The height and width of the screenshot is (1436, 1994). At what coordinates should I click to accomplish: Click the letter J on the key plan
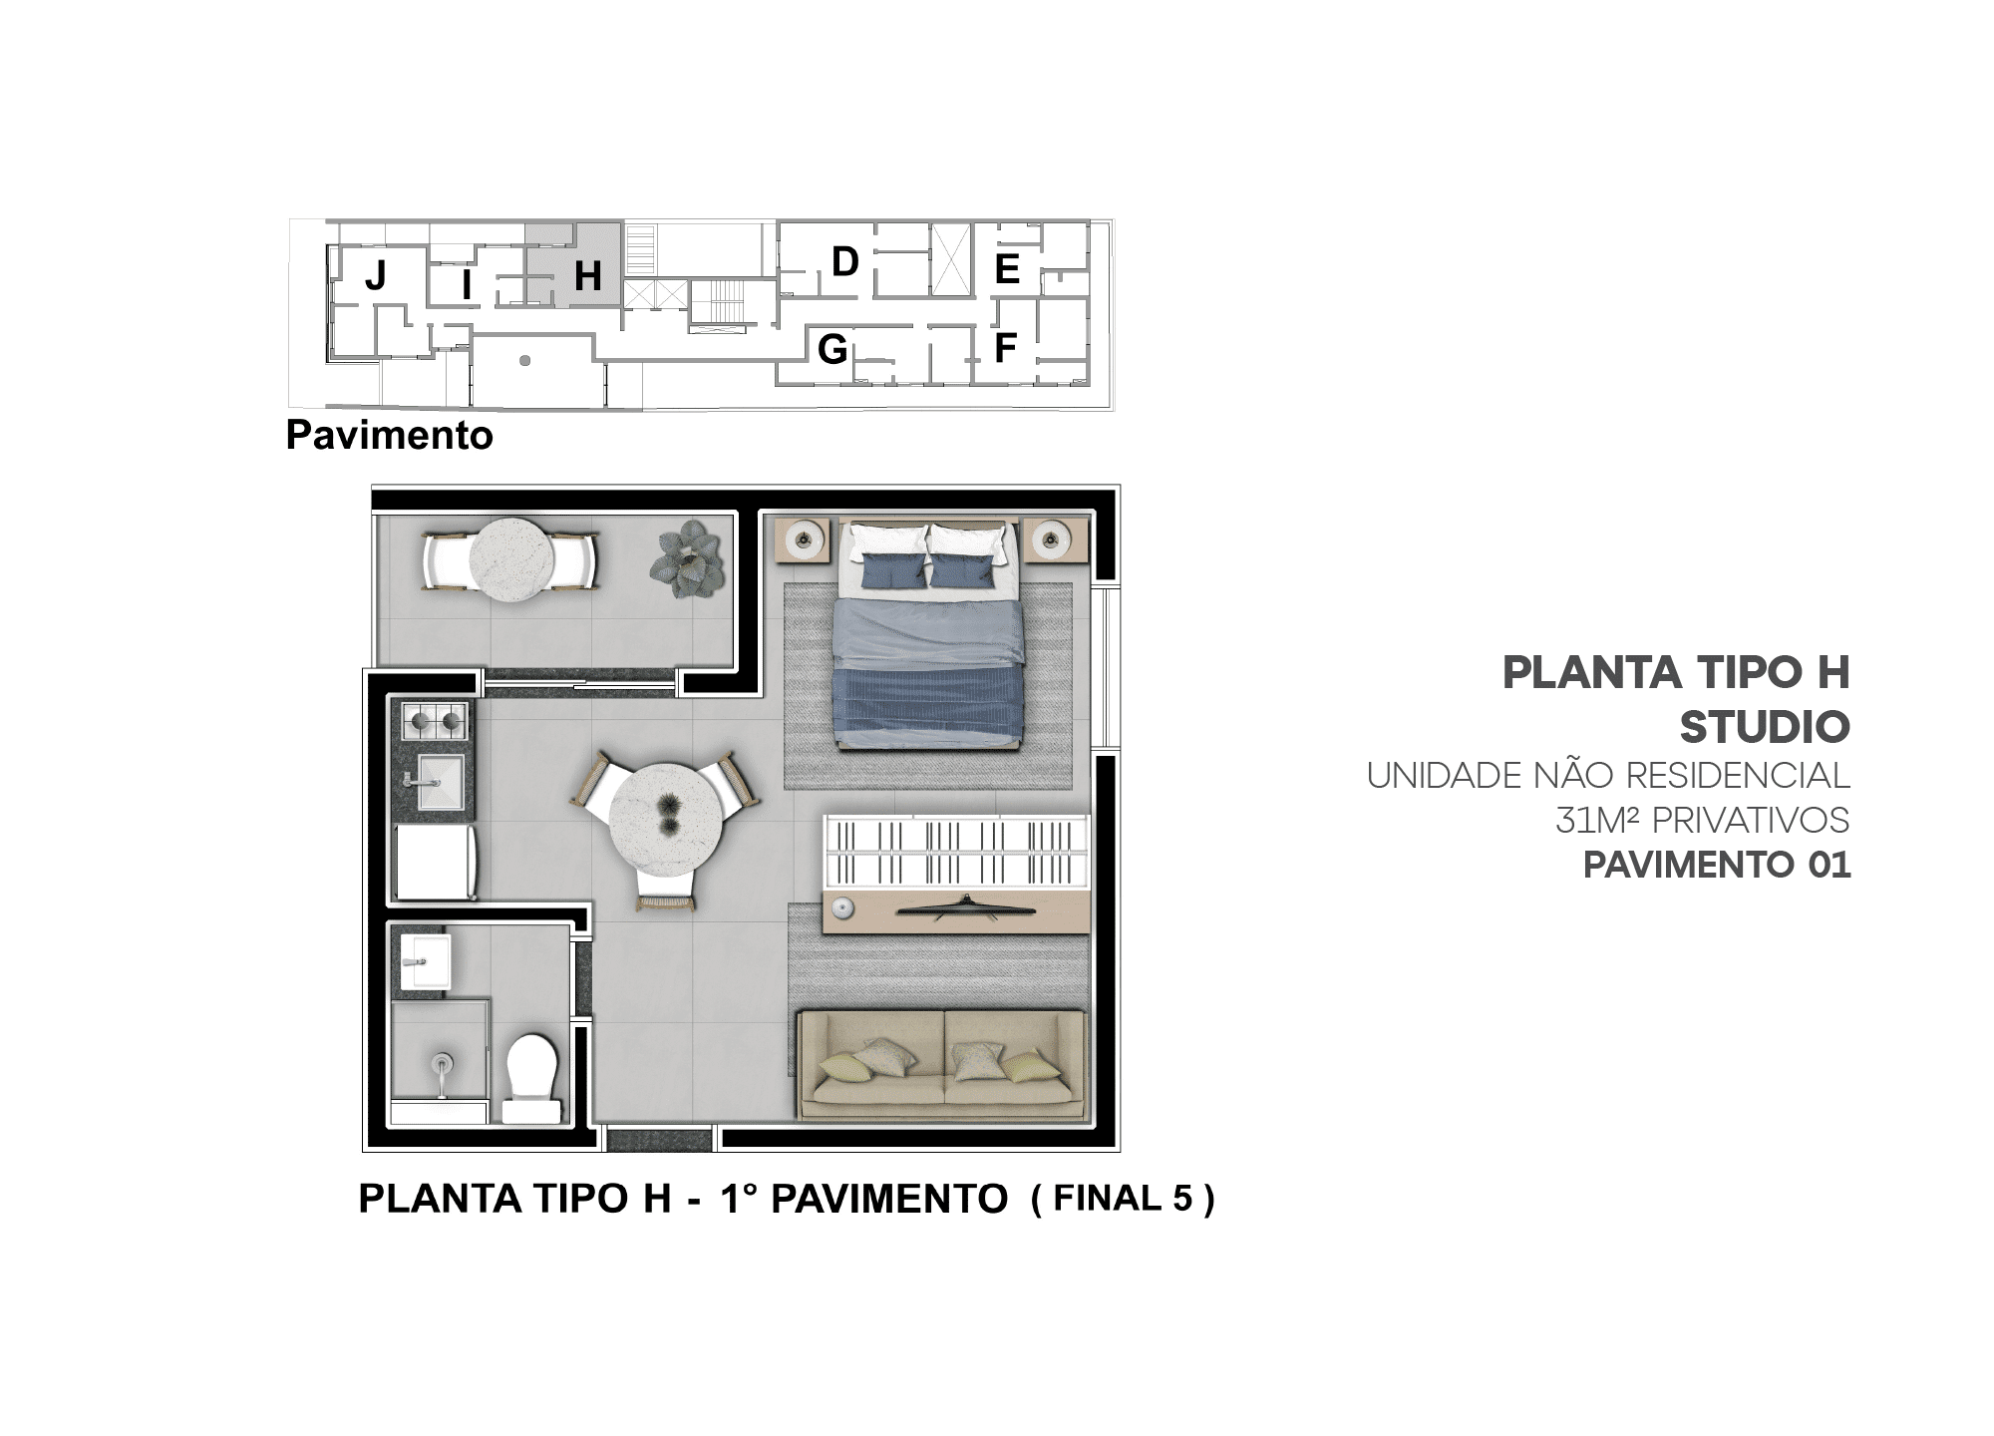tap(376, 274)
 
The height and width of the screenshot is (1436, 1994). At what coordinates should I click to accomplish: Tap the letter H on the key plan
tap(588, 275)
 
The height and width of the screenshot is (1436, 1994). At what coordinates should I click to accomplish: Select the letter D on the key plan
tap(845, 261)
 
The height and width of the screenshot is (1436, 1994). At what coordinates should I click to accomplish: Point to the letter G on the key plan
tap(832, 349)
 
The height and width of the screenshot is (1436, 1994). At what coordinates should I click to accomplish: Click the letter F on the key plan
tap(1005, 348)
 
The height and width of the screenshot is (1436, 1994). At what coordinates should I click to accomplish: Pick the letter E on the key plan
tap(1007, 269)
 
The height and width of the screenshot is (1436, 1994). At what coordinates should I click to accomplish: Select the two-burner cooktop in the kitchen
tap(435, 721)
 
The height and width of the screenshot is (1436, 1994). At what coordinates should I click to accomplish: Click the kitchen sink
tap(439, 782)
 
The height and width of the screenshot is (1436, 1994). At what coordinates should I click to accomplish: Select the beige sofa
tap(942, 1065)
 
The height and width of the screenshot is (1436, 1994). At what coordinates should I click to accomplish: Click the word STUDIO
tap(1765, 728)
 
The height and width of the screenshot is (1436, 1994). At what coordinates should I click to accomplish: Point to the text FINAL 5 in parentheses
tap(1124, 1198)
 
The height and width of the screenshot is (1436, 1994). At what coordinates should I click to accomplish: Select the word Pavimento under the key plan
tap(390, 436)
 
